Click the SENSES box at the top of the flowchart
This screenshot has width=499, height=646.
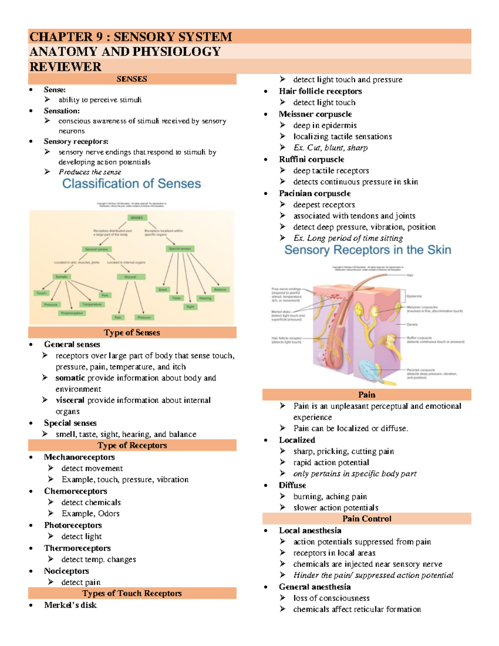pyautogui.click(x=136, y=218)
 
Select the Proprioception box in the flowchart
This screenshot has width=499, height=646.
pyautogui.click(x=72, y=313)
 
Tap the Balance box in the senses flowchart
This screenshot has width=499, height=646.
pyautogui.click(x=220, y=289)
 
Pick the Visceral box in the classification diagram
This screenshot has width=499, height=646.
pyautogui.click(x=130, y=277)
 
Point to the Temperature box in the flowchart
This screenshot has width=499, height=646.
pyautogui.click(x=92, y=304)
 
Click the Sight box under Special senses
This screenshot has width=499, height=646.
pyautogui.click(x=190, y=307)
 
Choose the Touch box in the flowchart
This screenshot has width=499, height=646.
pyautogui.click(x=41, y=293)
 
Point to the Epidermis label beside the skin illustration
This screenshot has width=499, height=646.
pyautogui.click(x=414, y=296)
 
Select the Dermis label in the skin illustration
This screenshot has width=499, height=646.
pyautogui.click(x=412, y=324)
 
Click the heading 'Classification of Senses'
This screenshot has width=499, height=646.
pyautogui.click(x=131, y=183)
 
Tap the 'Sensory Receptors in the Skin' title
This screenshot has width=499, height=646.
pyautogui.click(x=368, y=250)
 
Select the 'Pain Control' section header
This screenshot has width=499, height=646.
pyautogui.click(x=367, y=519)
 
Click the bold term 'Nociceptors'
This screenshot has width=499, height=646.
pyautogui.click(x=67, y=571)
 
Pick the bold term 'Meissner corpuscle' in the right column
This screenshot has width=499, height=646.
pyautogui.click(x=315, y=114)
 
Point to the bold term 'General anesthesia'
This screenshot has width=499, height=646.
pyautogui.click(x=315, y=587)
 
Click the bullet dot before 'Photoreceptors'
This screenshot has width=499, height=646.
pyautogui.click(x=31, y=525)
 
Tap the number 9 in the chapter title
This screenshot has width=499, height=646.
pyautogui.click(x=99, y=37)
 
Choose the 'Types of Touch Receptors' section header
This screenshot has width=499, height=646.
pyautogui.click(x=132, y=593)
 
